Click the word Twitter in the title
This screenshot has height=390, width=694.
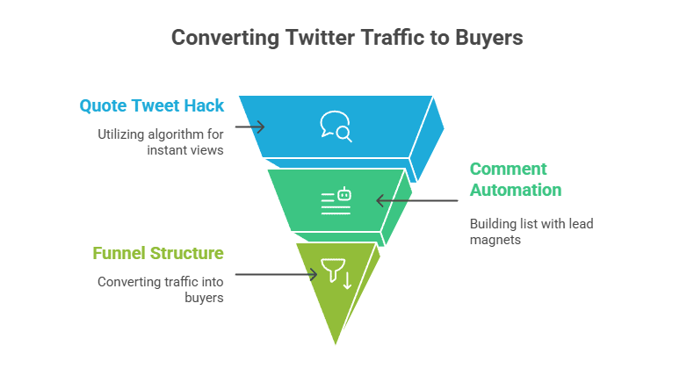[320, 37]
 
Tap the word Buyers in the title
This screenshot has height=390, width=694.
[489, 38]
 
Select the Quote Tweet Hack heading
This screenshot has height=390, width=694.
[152, 105]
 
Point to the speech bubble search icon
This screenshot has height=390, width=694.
[336, 126]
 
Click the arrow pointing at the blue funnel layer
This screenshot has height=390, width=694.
[250, 127]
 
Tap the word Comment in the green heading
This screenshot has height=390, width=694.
[508, 169]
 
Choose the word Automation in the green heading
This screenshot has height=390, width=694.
[516, 190]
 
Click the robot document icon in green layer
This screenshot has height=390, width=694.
[336, 201]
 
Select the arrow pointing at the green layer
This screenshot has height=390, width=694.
[417, 200]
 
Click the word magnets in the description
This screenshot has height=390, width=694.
[495, 241]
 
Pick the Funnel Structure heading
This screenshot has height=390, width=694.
[158, 253]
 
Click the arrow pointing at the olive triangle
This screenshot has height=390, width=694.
[276, 274]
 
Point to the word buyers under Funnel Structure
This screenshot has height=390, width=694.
[204, 298]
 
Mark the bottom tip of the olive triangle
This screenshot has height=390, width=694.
[336, 344]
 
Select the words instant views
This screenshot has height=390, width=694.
[185, 150]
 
